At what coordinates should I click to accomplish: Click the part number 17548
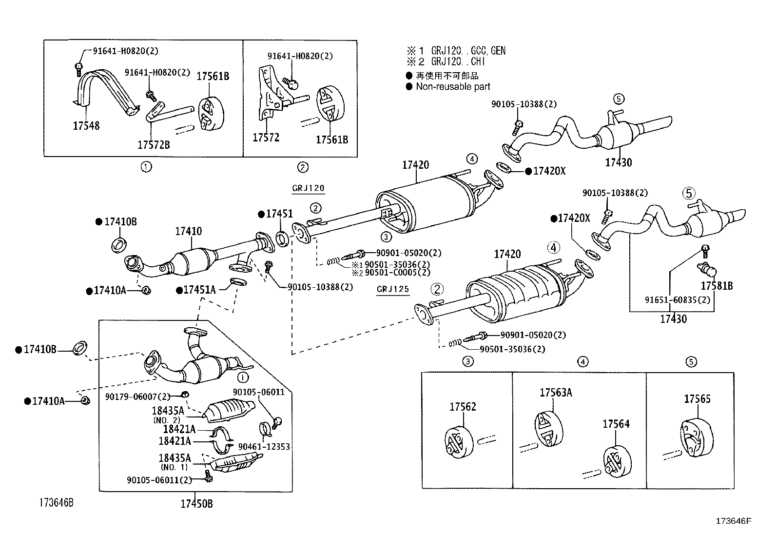point(86,126)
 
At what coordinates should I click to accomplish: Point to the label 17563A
point(555,392)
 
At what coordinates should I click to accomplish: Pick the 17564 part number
point(616,424)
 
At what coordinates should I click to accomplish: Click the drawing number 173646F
point(733,521)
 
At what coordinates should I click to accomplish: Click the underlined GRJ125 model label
point(393,289)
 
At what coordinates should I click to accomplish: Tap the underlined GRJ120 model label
point(308,188)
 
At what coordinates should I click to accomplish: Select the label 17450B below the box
point(196,504)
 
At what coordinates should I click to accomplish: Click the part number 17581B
point(717,286)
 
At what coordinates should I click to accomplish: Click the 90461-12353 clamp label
point(264,447)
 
